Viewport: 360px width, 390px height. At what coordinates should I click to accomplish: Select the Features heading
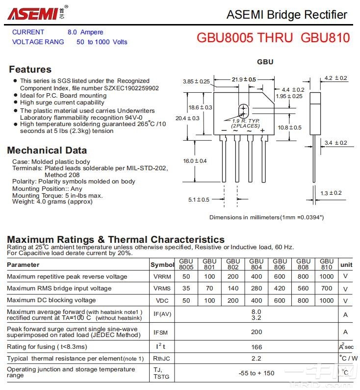(30, 69)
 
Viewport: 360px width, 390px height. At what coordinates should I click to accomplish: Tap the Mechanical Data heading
(47, 150)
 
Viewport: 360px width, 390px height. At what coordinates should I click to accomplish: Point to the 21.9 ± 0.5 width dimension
(244, 79)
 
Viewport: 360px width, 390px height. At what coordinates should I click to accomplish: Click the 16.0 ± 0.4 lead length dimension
(195, 161)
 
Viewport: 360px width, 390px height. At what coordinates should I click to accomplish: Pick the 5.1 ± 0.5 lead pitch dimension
(199, 200)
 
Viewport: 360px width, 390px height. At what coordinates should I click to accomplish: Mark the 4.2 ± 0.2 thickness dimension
(335, 78)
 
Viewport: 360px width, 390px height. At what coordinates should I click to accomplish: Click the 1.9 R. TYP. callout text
(246, 121)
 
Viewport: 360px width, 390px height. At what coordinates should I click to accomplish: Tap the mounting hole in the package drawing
(243, 110)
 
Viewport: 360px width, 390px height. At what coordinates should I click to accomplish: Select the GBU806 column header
(280, 264)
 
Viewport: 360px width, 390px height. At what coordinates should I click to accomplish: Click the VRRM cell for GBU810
(326, 276)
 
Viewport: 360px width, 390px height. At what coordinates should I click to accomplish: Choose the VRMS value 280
(256, 288)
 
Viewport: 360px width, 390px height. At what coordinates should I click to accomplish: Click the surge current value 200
(256, 332)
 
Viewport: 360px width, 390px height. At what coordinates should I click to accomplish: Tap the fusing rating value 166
(256, 347)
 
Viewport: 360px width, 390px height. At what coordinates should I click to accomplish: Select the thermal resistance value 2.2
(256, 358)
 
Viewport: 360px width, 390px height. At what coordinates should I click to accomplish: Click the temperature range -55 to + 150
(256, 373)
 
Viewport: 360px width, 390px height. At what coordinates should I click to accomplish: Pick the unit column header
(346, 264)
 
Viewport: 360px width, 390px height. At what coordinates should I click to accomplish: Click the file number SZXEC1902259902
(131, 88)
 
